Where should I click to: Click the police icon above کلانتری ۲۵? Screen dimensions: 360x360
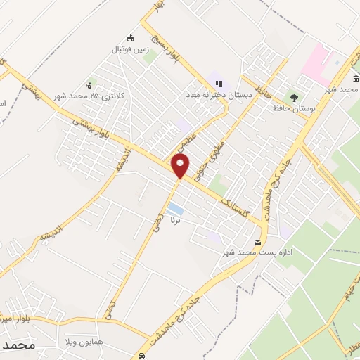[88, 84]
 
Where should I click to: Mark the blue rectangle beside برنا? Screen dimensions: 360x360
[176, 209]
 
